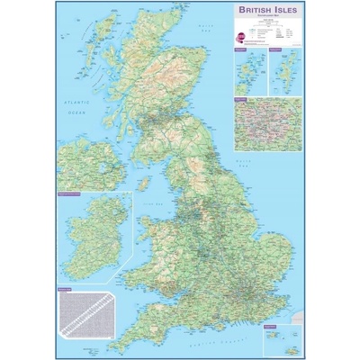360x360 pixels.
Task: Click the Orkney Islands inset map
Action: (x=244, y=71)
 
